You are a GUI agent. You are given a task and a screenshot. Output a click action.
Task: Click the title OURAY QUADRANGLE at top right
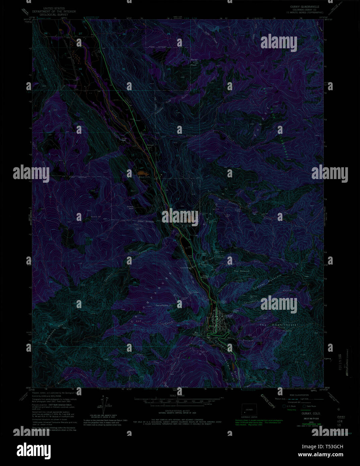[304, 7]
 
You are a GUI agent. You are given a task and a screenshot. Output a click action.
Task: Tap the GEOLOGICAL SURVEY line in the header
[54, 15]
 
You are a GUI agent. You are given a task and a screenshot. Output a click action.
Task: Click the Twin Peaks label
[162, 305]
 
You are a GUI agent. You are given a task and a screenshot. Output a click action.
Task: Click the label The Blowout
[241, 271]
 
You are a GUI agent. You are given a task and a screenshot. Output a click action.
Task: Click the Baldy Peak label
[194, 62]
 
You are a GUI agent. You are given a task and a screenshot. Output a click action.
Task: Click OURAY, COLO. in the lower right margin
[311, 413]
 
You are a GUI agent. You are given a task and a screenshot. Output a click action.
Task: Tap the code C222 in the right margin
[341, 417]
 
